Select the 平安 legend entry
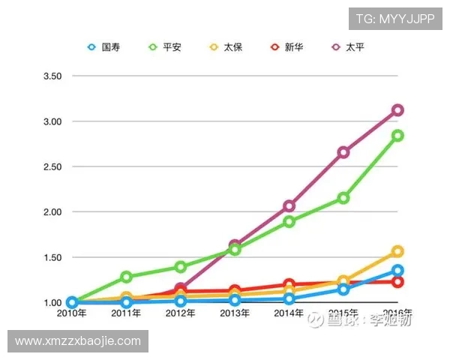(165, 46)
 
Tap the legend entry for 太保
(226, 46)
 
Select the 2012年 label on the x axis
(181, 313)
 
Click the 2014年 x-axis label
(289, 313)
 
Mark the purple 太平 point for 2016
(397, 110)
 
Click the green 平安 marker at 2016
(397, 136)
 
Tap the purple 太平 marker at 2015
(343, 152)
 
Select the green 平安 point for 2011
(126, 277)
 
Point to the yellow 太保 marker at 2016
(397, 251)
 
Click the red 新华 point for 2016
(397, 282)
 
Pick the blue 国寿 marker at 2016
(397, 270)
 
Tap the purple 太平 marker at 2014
(289, 205)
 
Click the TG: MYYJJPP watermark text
(394, 19)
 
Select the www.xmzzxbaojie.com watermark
(78, 341)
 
